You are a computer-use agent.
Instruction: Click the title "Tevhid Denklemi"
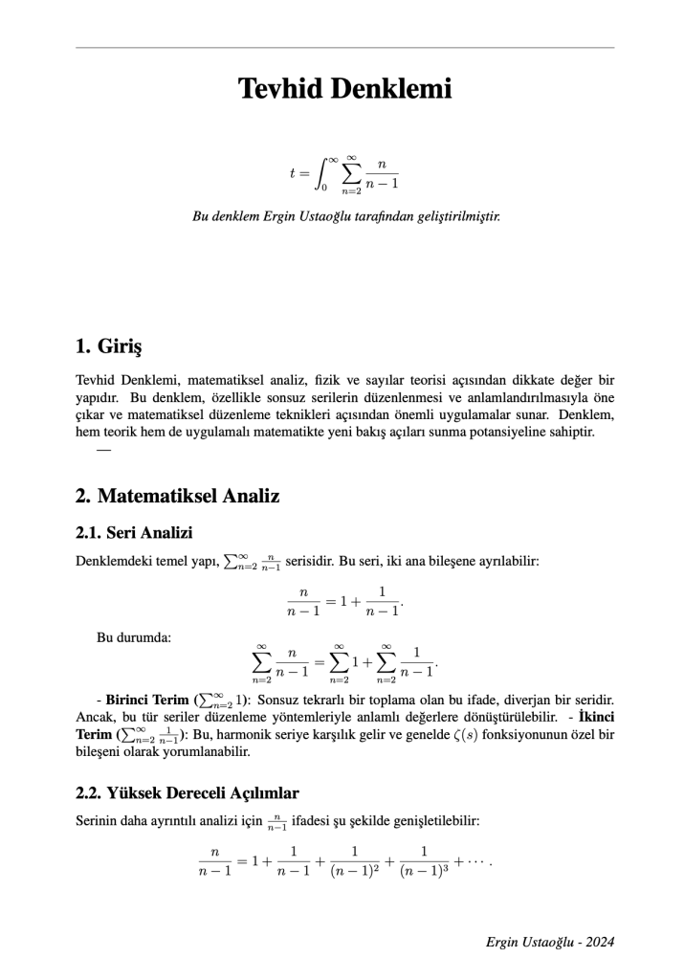[344, 90]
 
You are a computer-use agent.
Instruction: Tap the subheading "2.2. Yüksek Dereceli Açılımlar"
[188, 793]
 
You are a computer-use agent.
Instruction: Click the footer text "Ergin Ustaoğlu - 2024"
[549, 942]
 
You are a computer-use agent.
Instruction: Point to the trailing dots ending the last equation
[476, 861]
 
